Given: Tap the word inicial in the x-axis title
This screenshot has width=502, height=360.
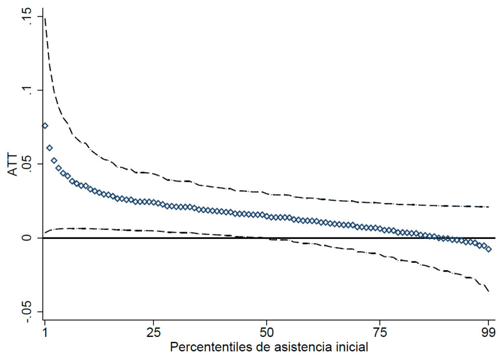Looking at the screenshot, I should tap(352, 348).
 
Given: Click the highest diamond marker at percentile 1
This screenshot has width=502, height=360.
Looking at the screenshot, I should tap(45, 126).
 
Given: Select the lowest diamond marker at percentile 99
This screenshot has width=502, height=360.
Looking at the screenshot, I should tap(488, 249).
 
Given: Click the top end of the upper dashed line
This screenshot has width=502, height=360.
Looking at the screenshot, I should tap(45, 18).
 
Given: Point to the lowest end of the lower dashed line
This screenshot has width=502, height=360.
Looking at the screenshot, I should tap(489, 292).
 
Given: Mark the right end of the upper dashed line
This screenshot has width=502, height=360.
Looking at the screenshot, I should tap(489, 207).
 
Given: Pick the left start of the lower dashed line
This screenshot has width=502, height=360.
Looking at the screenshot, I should tap(45, 232).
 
